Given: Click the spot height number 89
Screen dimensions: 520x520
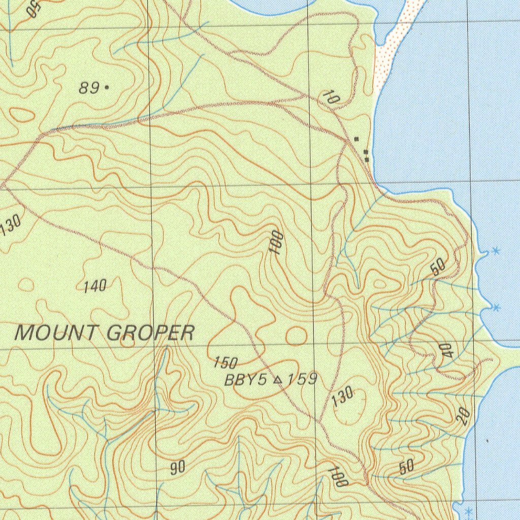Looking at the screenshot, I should [89, 88].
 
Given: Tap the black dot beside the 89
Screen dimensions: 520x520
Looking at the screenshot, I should [106, 87].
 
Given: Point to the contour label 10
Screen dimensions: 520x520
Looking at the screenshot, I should [330, 97].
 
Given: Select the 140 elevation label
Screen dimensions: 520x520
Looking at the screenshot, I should [95, 286].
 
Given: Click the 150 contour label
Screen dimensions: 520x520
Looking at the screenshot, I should [225, 363].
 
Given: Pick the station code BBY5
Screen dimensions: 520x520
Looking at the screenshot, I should [245, 380].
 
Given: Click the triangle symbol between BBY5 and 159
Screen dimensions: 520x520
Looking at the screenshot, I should [277, 379].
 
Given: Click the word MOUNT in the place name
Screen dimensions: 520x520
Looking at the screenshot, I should [56, 333].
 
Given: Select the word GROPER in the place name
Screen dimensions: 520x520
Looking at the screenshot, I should [151, 333].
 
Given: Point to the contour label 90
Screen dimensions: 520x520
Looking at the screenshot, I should [177, 468].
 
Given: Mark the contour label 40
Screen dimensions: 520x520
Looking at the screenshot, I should [447, 349].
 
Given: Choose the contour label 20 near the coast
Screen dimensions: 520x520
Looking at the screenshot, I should [463, 416].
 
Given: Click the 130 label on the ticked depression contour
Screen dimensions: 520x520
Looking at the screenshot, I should [343, 396].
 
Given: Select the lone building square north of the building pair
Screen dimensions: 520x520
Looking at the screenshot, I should [356, 139].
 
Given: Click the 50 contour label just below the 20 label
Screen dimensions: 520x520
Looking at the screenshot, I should [407, 467].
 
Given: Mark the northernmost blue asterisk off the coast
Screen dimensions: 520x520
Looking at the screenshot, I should [496, 250].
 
